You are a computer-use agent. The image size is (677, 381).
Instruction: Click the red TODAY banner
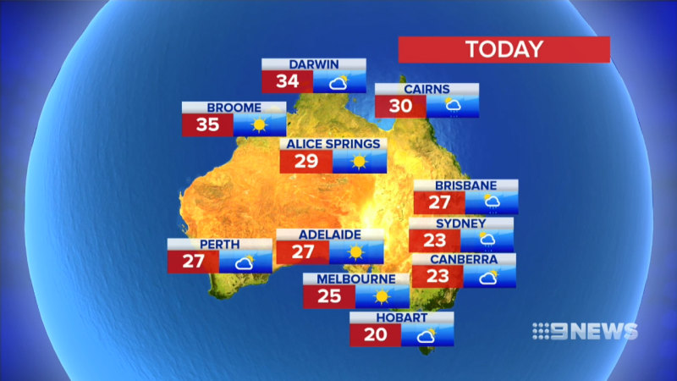click(x=504, y=49)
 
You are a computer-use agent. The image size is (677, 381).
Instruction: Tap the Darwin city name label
click(x=314, y=64)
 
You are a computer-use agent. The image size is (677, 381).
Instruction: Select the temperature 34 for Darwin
click(x=287, y=82)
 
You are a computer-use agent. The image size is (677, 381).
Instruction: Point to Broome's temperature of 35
click(x=207, y=125)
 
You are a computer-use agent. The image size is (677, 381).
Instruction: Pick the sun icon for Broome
click(x=259, y=125)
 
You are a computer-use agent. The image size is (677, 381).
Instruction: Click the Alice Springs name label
click(x=333, y=144)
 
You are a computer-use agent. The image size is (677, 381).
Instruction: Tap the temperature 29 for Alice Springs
click(x=305, y=162)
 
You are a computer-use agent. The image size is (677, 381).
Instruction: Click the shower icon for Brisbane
click(x=492, y=203)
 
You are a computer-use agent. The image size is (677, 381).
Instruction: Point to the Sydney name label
click(x=460, y=224)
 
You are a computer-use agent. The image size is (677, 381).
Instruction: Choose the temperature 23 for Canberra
click(x=437, y=277)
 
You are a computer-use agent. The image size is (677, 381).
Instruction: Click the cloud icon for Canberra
click(x=489, y=277)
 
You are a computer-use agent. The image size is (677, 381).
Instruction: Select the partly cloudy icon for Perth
click(x=245, y=262)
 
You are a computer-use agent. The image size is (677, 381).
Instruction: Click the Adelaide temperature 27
click(x=302, y=252)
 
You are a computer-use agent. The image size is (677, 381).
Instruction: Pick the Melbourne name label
click(x=356, y=279)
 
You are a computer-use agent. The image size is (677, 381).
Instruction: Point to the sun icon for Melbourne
click(x=382, y=296)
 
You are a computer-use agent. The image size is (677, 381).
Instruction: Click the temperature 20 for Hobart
click(x=375, y=334)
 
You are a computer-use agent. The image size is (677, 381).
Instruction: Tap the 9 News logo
click(x=584, y=331)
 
